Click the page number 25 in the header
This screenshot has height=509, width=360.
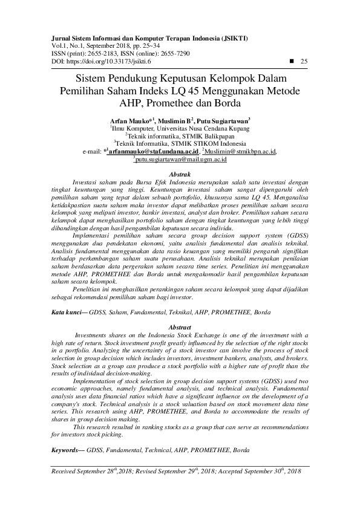tap(304, 62)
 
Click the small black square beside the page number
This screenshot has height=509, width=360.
tap(292, 62)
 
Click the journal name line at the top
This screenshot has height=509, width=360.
tap(148, 38)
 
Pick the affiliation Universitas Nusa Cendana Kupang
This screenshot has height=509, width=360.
tap(200, 129)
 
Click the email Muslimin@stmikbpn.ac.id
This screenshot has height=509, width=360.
tap(241, 152)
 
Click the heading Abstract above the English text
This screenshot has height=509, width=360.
tap(180, 326)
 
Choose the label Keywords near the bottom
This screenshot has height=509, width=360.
tap(67, 450)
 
